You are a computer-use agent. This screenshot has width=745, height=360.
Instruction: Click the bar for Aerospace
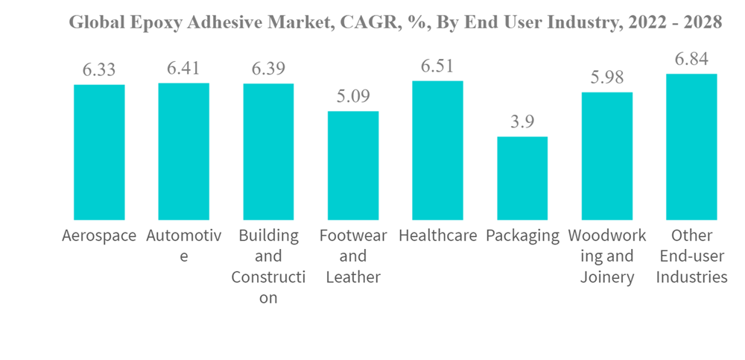point(99,152)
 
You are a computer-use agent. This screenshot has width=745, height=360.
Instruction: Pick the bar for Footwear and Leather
point(353,165)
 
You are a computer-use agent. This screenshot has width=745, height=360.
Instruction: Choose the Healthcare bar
point(437,150)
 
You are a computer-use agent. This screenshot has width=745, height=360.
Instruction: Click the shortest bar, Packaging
point(522,178)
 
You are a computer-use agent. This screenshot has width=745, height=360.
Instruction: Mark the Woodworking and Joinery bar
point(607,156)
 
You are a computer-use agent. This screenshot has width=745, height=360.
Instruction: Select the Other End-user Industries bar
point(691,147)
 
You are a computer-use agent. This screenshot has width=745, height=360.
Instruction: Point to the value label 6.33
point(99,70)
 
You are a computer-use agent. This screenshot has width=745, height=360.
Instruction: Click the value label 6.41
point(183,69)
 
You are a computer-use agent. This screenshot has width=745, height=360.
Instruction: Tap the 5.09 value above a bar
point(353,97)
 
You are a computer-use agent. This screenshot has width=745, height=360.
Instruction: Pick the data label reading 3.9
point(522,122)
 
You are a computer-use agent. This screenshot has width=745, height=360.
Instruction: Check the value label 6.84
point(691,59)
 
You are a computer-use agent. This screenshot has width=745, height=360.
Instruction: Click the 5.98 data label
point(607,78)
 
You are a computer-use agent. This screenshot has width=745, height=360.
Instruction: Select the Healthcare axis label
point(437,236)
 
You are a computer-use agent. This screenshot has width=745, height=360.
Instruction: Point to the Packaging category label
point(522,236)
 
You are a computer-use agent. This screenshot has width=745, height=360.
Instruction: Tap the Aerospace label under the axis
point(99,236)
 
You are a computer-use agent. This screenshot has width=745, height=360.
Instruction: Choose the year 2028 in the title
point(702,22)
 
